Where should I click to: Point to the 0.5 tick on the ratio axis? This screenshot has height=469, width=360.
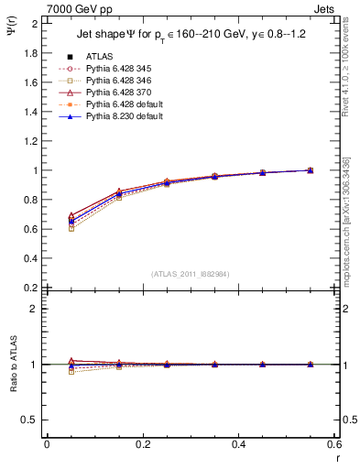click(x=30, y=420)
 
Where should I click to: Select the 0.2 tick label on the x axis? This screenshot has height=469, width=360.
click(x=142, y=444)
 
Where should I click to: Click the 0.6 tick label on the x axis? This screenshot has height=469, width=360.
click(x=333, y=444)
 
